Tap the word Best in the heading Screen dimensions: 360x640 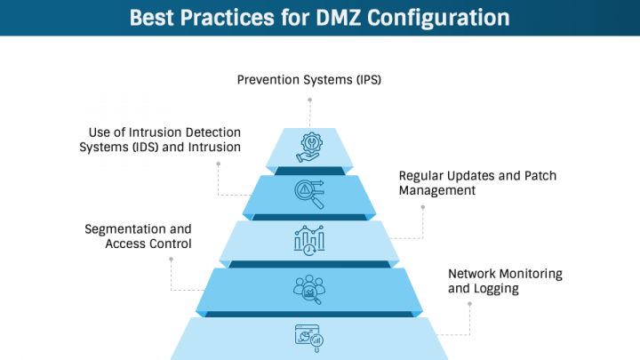(157, 18)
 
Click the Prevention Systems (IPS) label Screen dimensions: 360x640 (309, 80)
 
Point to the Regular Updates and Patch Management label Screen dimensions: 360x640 (477, 182)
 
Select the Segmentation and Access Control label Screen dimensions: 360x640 (138, 236)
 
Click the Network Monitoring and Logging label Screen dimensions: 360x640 (505, 281)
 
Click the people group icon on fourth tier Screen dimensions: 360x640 (309, 288)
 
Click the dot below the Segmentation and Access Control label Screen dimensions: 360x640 (171, 259)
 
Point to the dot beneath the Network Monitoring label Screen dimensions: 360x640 (468, 304)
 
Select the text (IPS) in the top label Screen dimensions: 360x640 (366, 80)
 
